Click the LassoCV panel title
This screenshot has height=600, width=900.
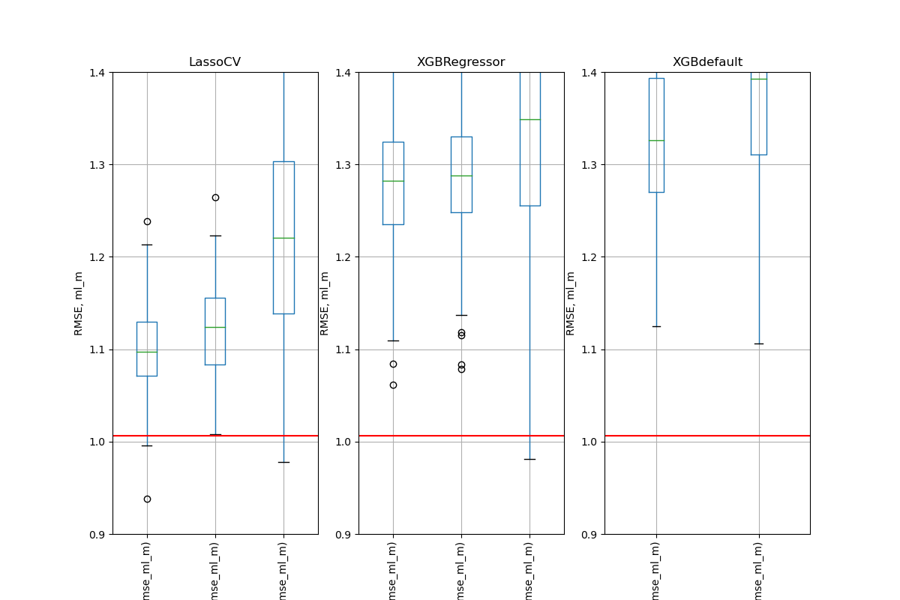(214, 62)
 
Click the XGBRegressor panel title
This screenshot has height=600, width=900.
(460, 62)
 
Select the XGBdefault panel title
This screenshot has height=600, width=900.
(707, 62)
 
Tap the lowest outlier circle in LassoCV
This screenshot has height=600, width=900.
(147, 499)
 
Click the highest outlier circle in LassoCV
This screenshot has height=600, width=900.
(215, 197)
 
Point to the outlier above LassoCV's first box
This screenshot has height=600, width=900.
(147, 221)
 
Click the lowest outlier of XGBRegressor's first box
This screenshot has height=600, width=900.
(393, 385)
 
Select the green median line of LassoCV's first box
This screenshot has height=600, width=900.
(147, 352)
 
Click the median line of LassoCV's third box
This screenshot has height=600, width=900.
(283, 238)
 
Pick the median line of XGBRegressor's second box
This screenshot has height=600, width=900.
(461, 175)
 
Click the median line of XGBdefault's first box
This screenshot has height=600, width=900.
(656, 140)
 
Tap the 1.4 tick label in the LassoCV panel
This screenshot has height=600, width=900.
(97, 73)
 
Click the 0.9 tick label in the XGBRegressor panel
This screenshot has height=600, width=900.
(343, 534)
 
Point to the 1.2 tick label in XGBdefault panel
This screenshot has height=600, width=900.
(589, 257)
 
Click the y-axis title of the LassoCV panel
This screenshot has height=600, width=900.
(79, 303)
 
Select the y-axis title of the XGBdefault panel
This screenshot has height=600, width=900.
(571, 303)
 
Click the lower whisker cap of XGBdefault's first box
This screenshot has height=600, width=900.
(656, 326)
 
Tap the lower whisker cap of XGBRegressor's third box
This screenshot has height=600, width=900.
(529, 459)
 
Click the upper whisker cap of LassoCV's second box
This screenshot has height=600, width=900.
(215, 235)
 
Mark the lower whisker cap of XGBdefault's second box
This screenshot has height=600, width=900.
(758, 343)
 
